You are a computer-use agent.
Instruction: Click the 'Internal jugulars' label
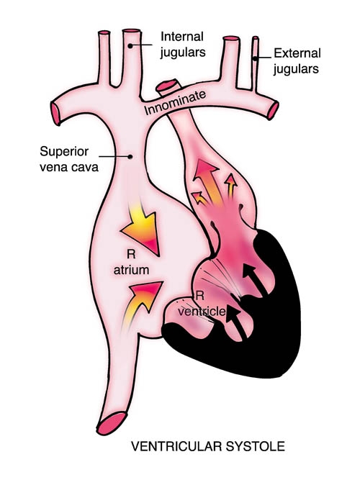(x=183, y=45)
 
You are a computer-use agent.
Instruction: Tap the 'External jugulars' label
(x=297, y=61)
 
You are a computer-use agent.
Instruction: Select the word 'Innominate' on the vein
(x=175, y=103)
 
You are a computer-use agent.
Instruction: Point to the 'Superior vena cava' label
(x=69, y=159)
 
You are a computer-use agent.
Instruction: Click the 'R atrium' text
(x=132, y=263)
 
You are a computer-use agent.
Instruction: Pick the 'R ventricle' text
(x=202, y=304)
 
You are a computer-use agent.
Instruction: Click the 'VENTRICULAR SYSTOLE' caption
(x=208, y=446)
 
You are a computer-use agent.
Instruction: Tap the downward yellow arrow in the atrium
(x=143, y=227)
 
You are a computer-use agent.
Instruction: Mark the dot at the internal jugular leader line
(x=130, y=46)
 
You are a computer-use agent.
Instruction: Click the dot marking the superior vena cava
(x=130, y=157)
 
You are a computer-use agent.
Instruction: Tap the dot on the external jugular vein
(x=255, y=58)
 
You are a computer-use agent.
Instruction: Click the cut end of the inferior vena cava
(x=112, y=423)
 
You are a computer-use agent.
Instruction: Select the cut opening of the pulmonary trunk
(x=167, y=85)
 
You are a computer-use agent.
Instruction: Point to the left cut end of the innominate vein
(x=55, y=114)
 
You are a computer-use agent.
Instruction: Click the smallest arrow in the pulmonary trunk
(x=199, y=199)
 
